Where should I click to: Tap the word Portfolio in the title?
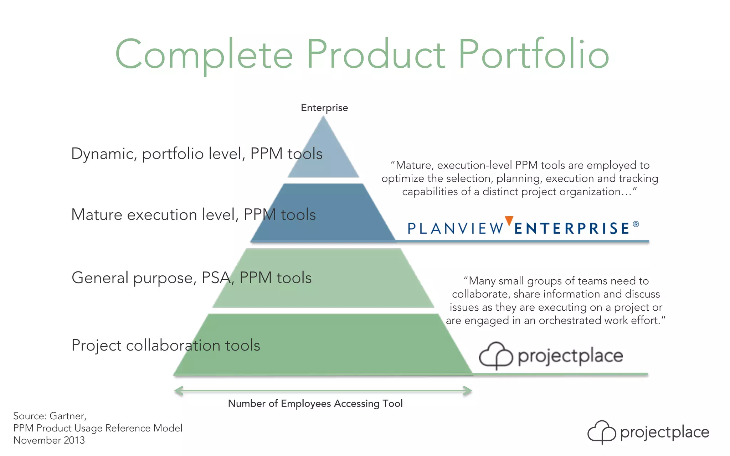[x=534, y=54]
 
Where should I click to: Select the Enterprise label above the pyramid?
[x=324, y=108]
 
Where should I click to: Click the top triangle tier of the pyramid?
[x=323, y=153]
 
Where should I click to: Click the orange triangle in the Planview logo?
[x=509, y=221]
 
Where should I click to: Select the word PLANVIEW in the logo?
[x=455, y=228]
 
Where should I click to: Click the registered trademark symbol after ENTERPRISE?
[x=636, y=224]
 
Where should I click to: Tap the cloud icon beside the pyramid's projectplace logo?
[x=495, y=355]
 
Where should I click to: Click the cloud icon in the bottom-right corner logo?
[x=602, y=432]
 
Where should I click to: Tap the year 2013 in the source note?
[x=74, y=440]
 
